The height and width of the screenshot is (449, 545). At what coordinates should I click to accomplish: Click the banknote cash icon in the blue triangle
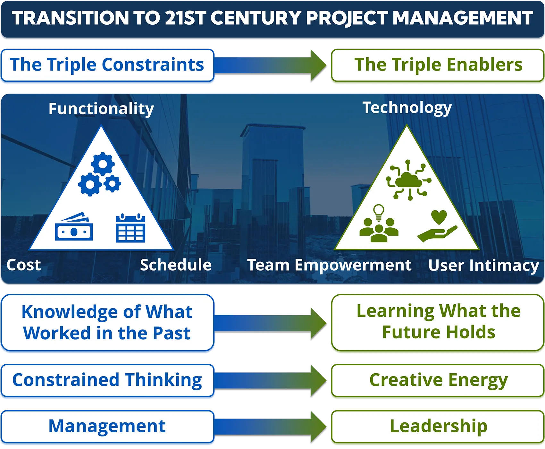pos(74,227)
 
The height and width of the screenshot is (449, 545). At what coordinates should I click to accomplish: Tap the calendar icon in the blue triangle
pos(130,228)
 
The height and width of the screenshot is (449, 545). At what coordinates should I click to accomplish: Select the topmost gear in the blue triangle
pos(103,164)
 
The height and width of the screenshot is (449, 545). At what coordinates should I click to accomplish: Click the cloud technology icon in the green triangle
pos(409,180)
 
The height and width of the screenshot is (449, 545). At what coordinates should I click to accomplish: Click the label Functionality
pos(101,109)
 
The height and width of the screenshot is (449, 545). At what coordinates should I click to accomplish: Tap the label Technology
pos(407,108)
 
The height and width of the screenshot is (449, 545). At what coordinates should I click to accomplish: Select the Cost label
pos(24,265)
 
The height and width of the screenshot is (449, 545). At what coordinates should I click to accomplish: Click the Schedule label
pos(176,265)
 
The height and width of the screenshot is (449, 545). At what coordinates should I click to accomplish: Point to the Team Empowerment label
pos(329,266)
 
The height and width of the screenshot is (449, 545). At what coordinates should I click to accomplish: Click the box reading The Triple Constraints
pos(107,65)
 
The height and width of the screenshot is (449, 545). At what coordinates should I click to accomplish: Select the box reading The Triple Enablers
pos(438,65)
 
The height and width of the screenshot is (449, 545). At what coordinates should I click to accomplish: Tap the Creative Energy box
pos(438,381)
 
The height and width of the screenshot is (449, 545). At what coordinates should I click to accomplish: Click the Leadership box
pos(438,427)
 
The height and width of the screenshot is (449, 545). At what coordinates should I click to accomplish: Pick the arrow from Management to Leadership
pos(270,427)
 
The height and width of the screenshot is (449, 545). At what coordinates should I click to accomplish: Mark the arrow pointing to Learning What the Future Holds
pos(270,323)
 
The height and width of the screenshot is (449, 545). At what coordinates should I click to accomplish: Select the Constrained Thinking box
pos(107,381)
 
